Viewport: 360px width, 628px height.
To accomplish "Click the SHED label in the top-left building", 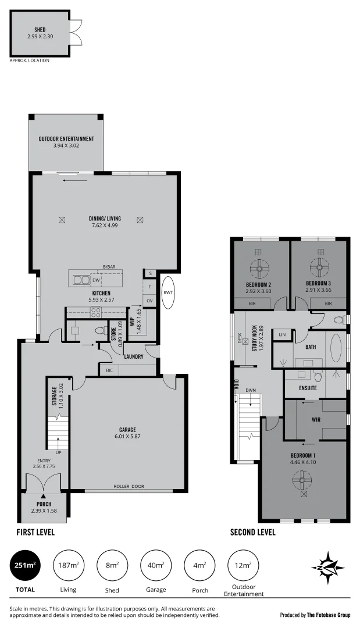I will coord(40,29).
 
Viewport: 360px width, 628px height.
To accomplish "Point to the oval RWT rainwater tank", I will coord(169,293).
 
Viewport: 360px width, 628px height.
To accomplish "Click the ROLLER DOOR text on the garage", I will coord(129,487).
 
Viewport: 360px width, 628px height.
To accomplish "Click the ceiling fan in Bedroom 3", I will coord(320,268).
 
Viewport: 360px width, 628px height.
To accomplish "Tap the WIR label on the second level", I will coord(316,419).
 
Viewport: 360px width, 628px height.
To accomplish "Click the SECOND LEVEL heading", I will coord(253,532).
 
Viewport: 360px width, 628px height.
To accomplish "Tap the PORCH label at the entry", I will coord(44,504).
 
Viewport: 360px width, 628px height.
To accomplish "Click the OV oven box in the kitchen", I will coord(149,301).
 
